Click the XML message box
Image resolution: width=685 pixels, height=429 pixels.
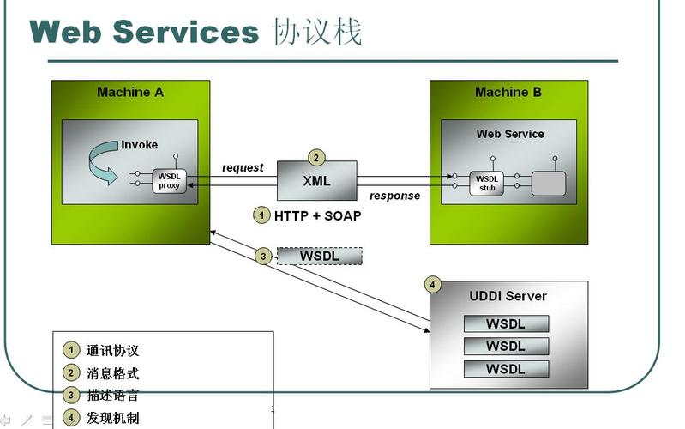316,181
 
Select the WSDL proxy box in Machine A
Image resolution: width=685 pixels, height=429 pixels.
170,180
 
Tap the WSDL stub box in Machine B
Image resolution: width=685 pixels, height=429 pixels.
486,183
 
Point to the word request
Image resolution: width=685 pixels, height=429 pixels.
243,167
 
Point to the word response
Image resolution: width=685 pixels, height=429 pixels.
394,196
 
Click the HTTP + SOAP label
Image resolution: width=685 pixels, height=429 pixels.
317,215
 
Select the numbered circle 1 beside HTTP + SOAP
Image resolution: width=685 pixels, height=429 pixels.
261,215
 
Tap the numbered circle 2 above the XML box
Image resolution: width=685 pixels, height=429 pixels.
316,158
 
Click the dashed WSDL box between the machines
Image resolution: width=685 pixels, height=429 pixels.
319,256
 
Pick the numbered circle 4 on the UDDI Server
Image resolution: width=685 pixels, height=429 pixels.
433,285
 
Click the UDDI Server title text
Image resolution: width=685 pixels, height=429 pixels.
508,296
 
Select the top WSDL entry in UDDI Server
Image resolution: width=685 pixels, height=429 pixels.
506,323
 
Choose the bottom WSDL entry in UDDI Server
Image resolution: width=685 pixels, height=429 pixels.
506,369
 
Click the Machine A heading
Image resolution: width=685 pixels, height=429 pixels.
130,92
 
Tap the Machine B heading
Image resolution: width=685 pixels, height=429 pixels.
508,92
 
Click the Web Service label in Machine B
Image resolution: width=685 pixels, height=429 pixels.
510,134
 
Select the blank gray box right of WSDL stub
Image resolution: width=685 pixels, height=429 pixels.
549,183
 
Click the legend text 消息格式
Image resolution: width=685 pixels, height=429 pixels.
112,373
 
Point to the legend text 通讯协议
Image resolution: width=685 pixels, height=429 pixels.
112,351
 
